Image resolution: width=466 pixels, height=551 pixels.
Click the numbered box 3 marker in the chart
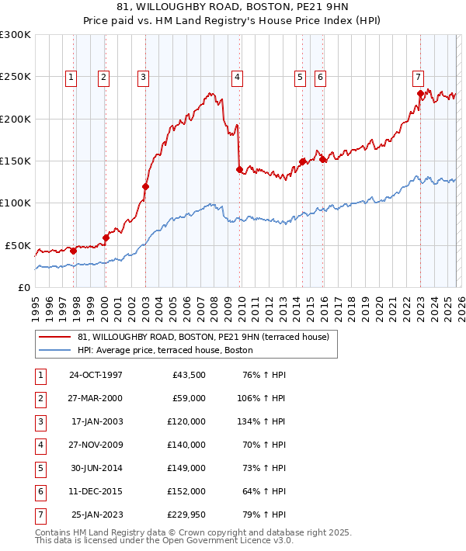(x=144, y=77)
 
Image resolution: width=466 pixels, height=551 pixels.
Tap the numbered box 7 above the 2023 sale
(x=418, y=77)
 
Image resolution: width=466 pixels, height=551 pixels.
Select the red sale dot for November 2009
(x=239, y=169)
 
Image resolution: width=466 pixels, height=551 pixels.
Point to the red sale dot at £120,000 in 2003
(x=145, y=186)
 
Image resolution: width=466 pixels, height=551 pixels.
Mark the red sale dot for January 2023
(x=420, y=94)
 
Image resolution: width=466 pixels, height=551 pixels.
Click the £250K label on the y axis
(x=16, y=78)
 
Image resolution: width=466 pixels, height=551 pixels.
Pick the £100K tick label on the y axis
(x=16, y=203)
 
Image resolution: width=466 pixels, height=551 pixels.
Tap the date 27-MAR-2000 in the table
(x=96, y=399)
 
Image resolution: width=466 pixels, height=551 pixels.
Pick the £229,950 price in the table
(x=186, y=515)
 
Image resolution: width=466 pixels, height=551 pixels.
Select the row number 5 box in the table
(x=40, y=469)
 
